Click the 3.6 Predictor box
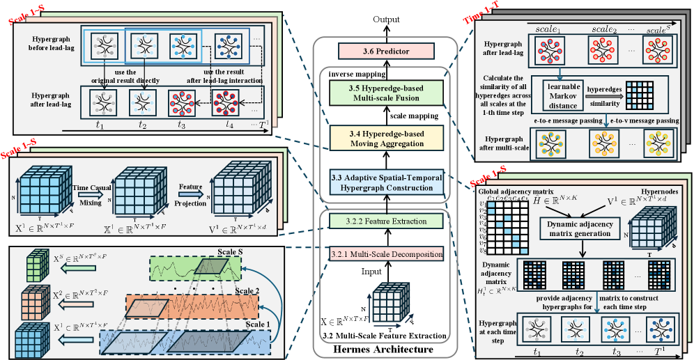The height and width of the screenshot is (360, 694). click(385, 51)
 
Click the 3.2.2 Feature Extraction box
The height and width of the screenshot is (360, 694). click(385, 221)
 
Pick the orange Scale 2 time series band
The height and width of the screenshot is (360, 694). click(192, 304)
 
